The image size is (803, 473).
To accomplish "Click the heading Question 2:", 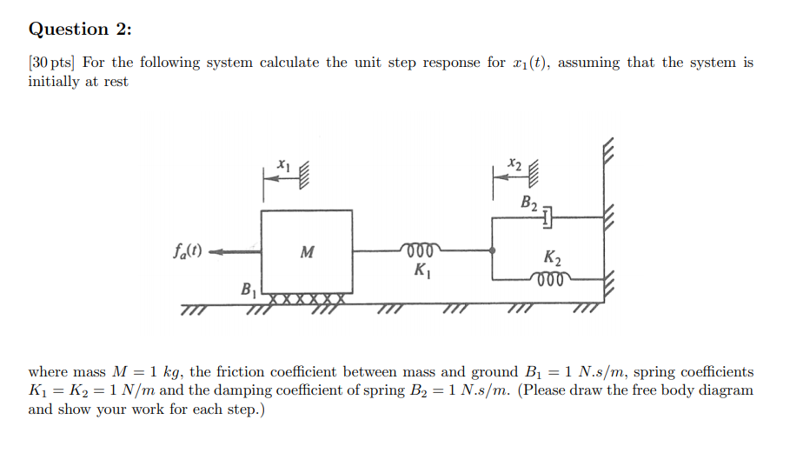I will [x=81, y=29].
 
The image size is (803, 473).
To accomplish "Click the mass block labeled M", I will [x=307, y=252].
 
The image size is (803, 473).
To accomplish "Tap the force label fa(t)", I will [x=186, y=252].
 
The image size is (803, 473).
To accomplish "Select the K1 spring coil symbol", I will [x=421, y=250].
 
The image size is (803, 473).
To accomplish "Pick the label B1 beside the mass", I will [x=248, y=288].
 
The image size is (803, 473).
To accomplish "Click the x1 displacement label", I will [x=282, y=163].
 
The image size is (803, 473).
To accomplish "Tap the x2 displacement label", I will [x=515, y=163].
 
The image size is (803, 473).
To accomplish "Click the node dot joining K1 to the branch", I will [x=493, y=250].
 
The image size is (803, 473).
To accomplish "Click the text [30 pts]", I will [x=51, y=63].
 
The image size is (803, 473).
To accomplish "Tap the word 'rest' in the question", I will [x=115, y=82].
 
